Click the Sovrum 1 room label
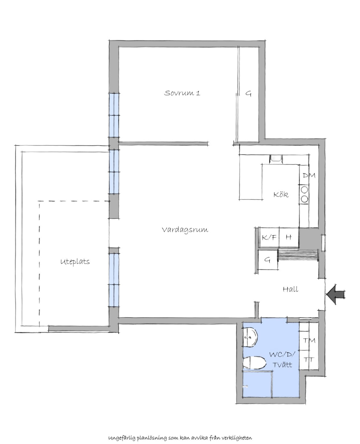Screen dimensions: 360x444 pos(182,93)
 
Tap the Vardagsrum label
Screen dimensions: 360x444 pos(185,230)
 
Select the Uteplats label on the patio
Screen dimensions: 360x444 pos(75,262)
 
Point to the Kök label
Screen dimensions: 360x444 pos(281,195)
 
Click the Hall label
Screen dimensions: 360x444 pos(290,289)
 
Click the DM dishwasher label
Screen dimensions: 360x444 pos(309,175)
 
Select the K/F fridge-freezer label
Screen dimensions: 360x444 pos(269,237)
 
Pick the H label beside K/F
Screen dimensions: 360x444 pos(289,237)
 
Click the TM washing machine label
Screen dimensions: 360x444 pos(309,341)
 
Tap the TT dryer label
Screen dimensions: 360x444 pos(308,360)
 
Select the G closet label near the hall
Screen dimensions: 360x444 pos(267,260)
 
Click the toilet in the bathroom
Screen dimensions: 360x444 pos(255,363)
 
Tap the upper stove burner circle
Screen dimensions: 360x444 pos(304,190)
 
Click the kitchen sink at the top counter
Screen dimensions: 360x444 pos(275,159)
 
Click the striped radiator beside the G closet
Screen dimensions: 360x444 pos(298,255)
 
